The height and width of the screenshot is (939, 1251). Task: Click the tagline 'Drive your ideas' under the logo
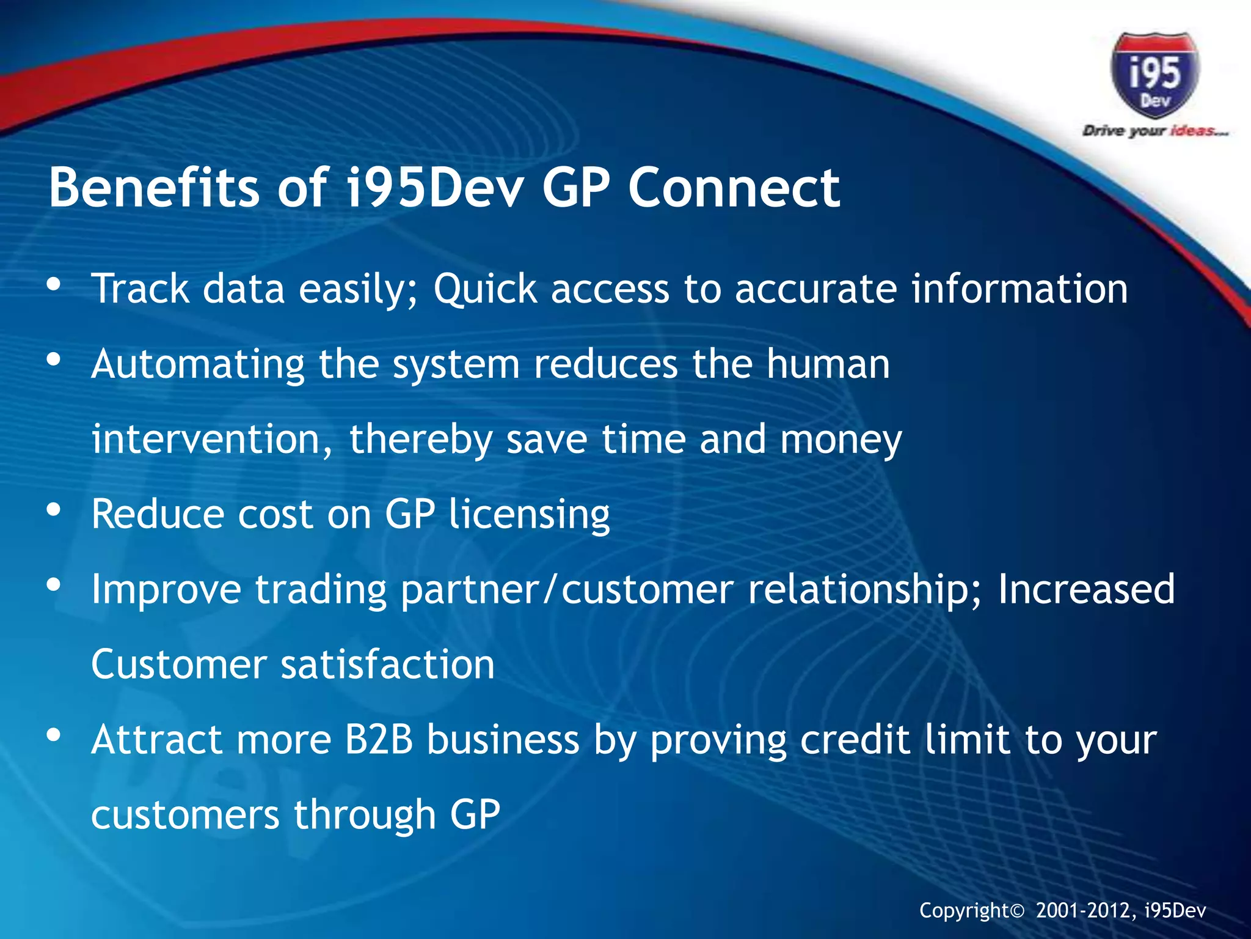(x=1154, y=131)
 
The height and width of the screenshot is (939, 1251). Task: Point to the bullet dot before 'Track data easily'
(x=54, y=285)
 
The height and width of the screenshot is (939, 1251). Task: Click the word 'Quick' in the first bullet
(x=485, y=289)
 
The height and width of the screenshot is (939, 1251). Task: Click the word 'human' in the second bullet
(x=828, y=364)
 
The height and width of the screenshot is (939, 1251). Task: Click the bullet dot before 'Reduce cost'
(x=54, y=510)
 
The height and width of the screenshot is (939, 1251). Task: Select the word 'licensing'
(x=529, y=515)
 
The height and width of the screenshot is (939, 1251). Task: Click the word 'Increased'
(x=1086, y=589)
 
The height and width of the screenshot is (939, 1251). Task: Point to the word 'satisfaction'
(x=387, y=665)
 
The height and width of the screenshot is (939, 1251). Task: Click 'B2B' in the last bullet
(x=379, y=740)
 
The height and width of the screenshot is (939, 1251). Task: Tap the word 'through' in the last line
(x=365, y=816)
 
